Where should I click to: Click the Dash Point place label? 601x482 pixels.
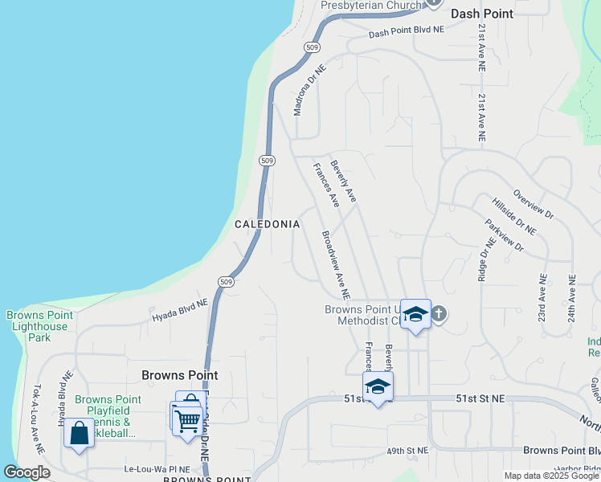pyautogui.click(x=481, y=14)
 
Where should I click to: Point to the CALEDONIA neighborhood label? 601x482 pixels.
pyautogui.click(x=267, y=225)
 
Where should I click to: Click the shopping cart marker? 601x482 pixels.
pyautogui.click(x=187, y=419)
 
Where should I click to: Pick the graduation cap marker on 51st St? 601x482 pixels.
pyautogui.click(x=378, y=387)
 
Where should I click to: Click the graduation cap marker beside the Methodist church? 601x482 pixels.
pyautogui.click(x=415, y=314)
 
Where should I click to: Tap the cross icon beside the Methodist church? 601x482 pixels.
pyautogui.click(x=438, y=313)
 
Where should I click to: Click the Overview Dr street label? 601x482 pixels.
pyautogui.click(x=534, y=205)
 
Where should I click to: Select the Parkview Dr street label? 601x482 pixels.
pyautogui.click(x=504, y=235)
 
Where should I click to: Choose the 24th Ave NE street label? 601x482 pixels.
pyautogui.click(x=572, y=299)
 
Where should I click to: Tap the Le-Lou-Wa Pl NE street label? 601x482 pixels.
pyautogui.click(x=157, y=469)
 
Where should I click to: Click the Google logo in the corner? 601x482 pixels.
pyautogui.click(x=27, y=473)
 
